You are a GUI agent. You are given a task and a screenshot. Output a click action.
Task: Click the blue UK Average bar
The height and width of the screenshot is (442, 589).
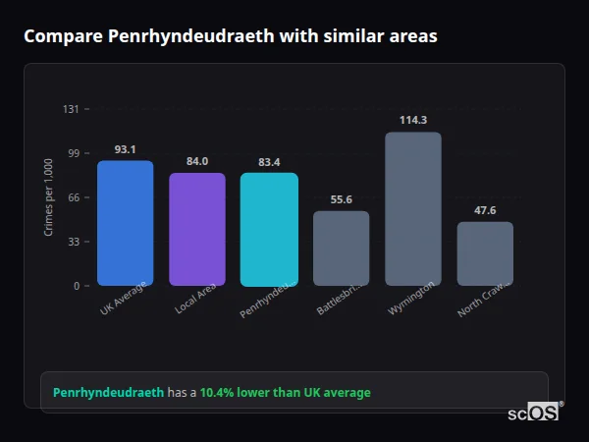point(125,223)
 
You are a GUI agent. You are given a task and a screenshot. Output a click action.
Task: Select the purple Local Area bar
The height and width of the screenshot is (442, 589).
point(197,230)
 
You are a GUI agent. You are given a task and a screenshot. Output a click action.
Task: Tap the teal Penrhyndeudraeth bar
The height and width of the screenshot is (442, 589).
point(269,230)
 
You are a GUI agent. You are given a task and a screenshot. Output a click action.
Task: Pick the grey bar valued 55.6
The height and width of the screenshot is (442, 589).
point(341,249)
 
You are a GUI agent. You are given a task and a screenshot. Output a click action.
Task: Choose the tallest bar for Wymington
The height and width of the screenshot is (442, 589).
point(413,209)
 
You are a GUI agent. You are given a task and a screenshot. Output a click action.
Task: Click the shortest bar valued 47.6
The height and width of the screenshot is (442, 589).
point(485,253)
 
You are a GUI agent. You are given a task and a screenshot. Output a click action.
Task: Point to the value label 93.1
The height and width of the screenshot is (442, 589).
point(125,149)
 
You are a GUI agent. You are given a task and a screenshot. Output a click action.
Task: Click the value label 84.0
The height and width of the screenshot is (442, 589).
point(197,161)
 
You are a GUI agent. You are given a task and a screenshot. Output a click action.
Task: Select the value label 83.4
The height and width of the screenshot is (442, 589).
point(269,162)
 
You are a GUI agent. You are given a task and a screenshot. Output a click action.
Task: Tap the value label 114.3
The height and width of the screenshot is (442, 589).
point(413,120)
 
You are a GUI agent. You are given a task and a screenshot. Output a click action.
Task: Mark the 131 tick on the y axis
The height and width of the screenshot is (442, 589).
point(71,109)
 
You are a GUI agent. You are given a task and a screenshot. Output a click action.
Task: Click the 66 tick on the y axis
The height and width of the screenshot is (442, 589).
point(74,197)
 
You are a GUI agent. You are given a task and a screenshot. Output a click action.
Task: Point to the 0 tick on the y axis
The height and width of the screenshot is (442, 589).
point(77,286)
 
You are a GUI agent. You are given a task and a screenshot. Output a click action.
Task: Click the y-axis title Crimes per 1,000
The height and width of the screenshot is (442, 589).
point(49,197)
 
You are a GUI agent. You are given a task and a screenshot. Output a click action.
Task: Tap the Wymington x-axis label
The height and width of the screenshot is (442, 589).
point(412,298)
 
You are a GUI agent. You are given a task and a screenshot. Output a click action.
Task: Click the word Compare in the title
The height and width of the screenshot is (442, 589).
point(63,36)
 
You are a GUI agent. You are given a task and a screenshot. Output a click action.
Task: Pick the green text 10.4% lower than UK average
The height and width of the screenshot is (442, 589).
point(285,393)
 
